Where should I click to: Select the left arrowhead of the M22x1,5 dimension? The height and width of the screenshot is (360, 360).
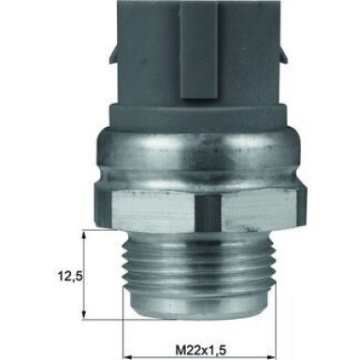pos(129,345)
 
